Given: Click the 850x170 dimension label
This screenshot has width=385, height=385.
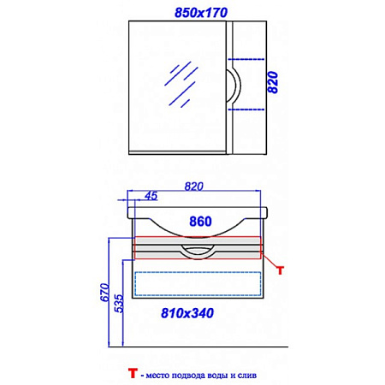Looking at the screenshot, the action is coord(201,13).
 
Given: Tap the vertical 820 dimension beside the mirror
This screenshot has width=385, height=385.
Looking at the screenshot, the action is coord(273,82).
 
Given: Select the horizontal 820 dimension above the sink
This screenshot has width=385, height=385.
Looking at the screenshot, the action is coord(194,187).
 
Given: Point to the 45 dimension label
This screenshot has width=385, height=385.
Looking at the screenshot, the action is coord(151,196).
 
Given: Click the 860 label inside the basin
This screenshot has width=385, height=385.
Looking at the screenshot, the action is coord(200,222).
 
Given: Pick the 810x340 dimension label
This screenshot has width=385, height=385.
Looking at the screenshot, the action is coord(187,313).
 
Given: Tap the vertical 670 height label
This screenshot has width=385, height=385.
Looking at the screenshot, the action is coord(105,293).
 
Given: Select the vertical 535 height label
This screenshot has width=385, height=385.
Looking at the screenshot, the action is coord(120,304).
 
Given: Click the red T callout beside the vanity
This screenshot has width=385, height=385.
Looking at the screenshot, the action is coord(281,270).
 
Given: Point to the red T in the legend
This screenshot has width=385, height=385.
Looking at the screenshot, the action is coord(133,373).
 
